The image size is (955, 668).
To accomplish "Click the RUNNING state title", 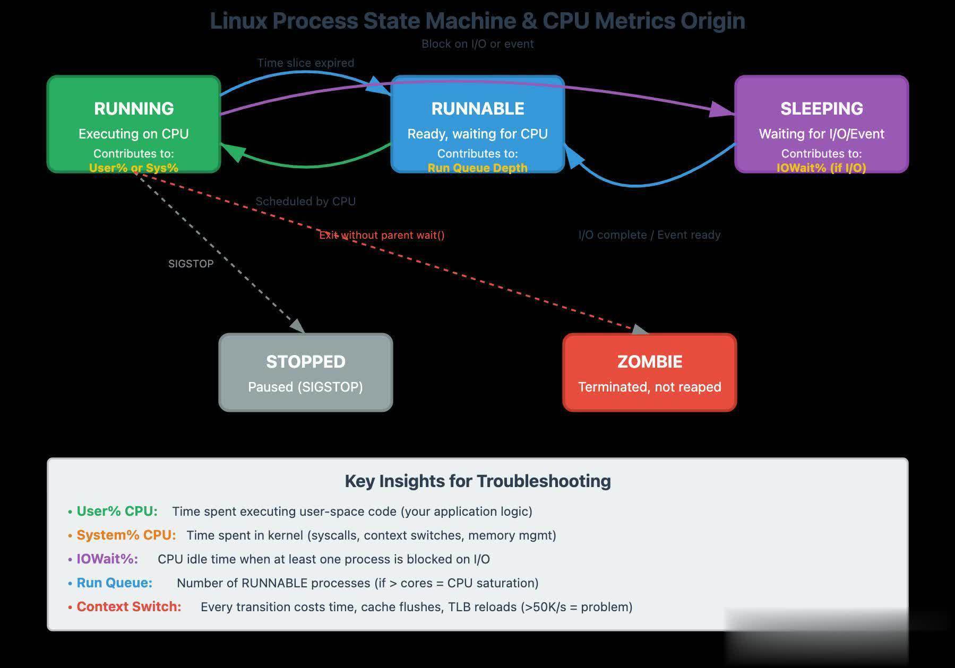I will [x=134, y=109].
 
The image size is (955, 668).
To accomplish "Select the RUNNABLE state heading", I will [x=478, y=109].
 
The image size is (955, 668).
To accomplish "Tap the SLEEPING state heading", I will [x=821, y=109].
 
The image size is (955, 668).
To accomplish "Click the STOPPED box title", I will [x=306, y=362].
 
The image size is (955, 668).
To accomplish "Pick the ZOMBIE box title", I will [x=650, y=362].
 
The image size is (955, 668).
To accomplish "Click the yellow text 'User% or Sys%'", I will [x=134, y=168].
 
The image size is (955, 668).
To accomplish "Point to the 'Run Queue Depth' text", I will [x=478, y=168].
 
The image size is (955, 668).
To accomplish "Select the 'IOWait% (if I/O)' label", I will [x=821, y=168].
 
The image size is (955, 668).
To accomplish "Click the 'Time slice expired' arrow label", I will [x=306, y=63].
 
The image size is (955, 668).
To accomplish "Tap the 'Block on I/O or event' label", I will [x=478, y=44].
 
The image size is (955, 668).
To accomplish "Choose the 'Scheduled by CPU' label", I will [x=306, y=202].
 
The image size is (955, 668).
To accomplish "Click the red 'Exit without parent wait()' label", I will [x=382, y=235].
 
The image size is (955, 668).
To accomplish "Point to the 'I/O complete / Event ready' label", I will [x=650, y=235].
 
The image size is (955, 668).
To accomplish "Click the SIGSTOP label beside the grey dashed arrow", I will [x=191, y=264].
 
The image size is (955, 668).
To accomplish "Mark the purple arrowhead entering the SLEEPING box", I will [x=723, y=110].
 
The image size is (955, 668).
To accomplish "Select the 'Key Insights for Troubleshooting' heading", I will [x=478, y=481].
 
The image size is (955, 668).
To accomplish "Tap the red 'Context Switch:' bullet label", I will [x=129, y=607].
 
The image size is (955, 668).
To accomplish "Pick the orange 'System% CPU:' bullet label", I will [x=126, y=535].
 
